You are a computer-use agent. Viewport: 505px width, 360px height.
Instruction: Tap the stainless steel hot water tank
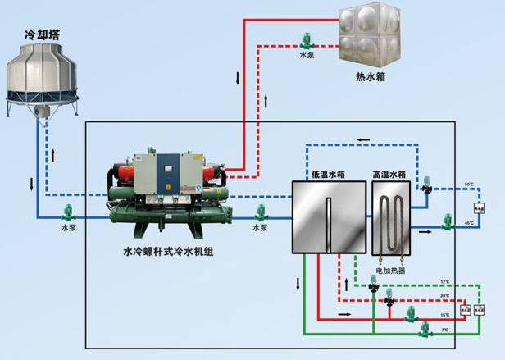(371, 35)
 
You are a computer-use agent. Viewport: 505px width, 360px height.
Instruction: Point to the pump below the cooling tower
(69, 211)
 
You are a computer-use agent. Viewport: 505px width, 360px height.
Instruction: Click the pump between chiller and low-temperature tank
(260, 212)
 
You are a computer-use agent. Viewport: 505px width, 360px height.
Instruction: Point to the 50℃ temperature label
(469, 185)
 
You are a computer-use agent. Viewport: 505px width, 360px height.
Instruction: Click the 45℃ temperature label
(469, 223)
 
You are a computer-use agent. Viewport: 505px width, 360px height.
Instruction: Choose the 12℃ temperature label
(445, 283)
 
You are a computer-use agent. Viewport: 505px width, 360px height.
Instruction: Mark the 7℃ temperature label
(445, 329)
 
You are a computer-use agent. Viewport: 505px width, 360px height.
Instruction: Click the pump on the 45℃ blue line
(448, 220)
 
